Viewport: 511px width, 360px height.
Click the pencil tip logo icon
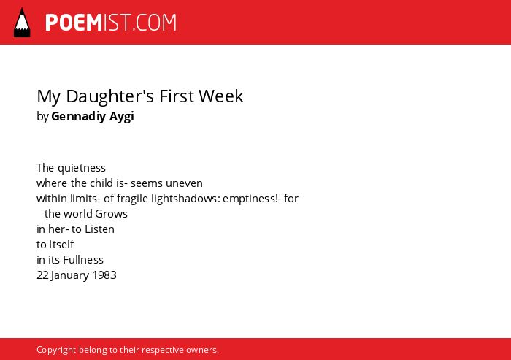click(x=22, y=22)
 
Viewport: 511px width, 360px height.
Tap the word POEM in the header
click(x=74, y=23)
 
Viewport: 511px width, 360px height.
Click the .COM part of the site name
click(x=155, y=23)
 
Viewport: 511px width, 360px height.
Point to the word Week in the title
click(x=221, y=96)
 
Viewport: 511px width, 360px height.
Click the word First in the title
click(x=177, y=96)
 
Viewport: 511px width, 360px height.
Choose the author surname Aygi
click(x=122, y=117)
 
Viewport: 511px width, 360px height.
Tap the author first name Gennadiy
click(x=78, y=116)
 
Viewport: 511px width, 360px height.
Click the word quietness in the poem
click(x=82, y=168)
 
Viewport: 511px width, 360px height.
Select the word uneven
click(x=184, y=183)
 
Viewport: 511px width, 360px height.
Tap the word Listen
click(x=99, y=229)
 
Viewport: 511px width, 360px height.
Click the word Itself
click(x=61, y=244)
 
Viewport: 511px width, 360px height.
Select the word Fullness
click(x=83, y=259)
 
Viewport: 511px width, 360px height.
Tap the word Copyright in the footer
click(x=56, y=350)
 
